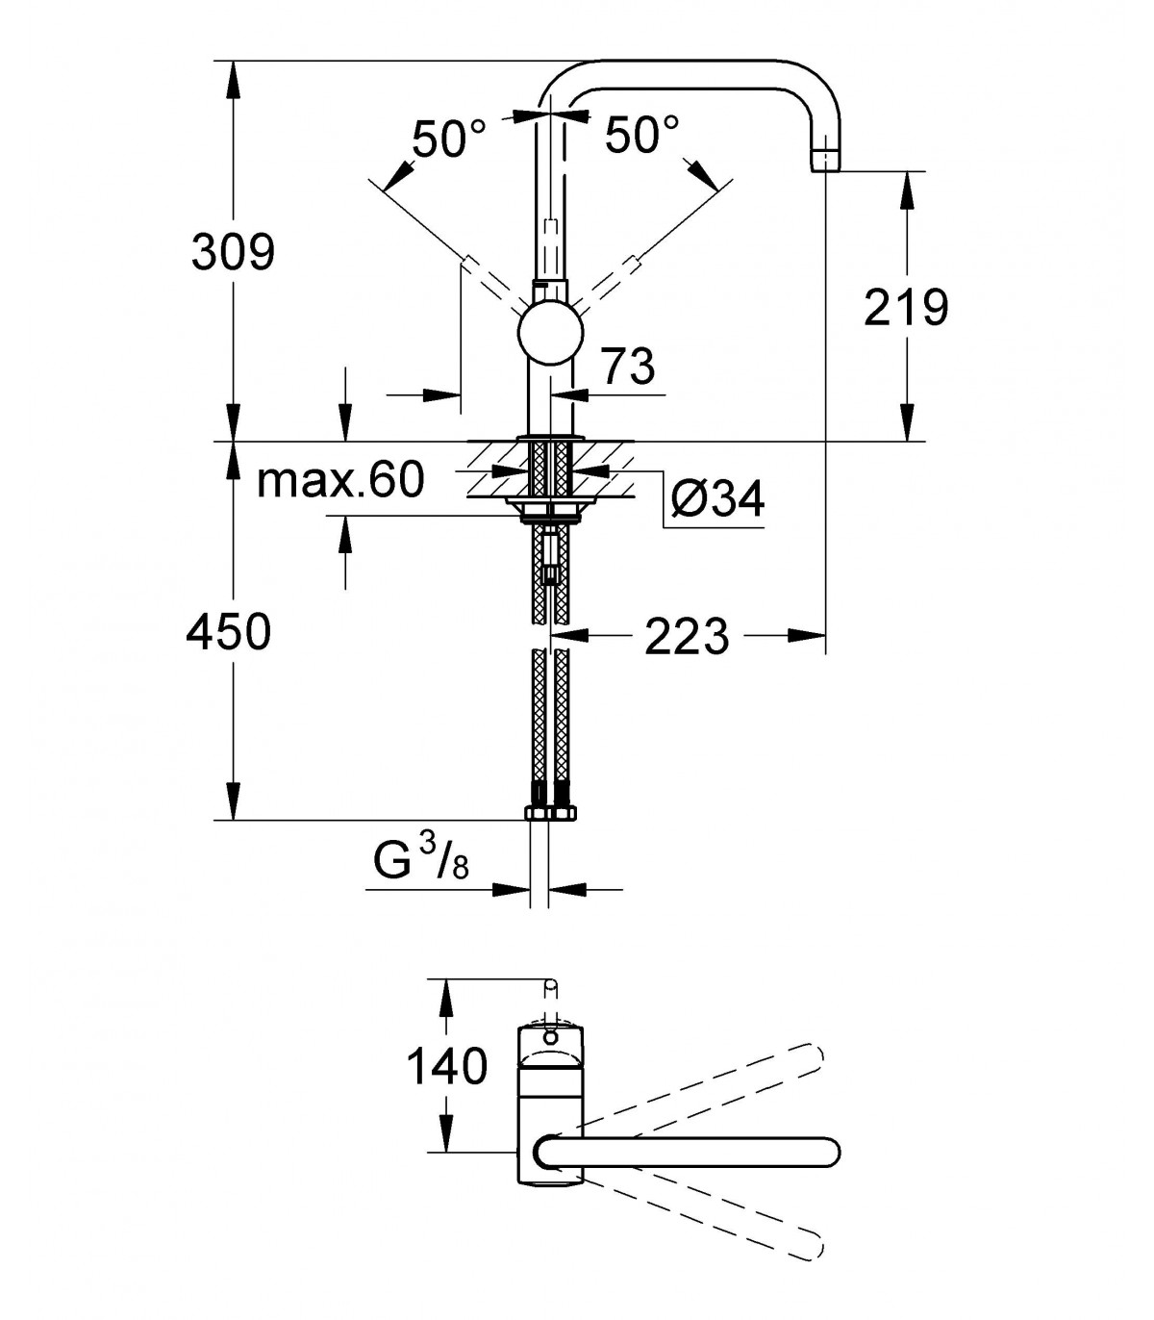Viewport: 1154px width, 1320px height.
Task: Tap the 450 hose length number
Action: pyautogui.click(x=228, y=631)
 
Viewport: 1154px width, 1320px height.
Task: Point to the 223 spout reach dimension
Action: pyautogui.click(x=687, y=637)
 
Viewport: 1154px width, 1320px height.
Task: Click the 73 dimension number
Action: pyautogui.click(x=628, y=366)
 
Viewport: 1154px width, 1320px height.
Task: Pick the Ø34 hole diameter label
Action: pyautogui.click(x=717, y=498)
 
